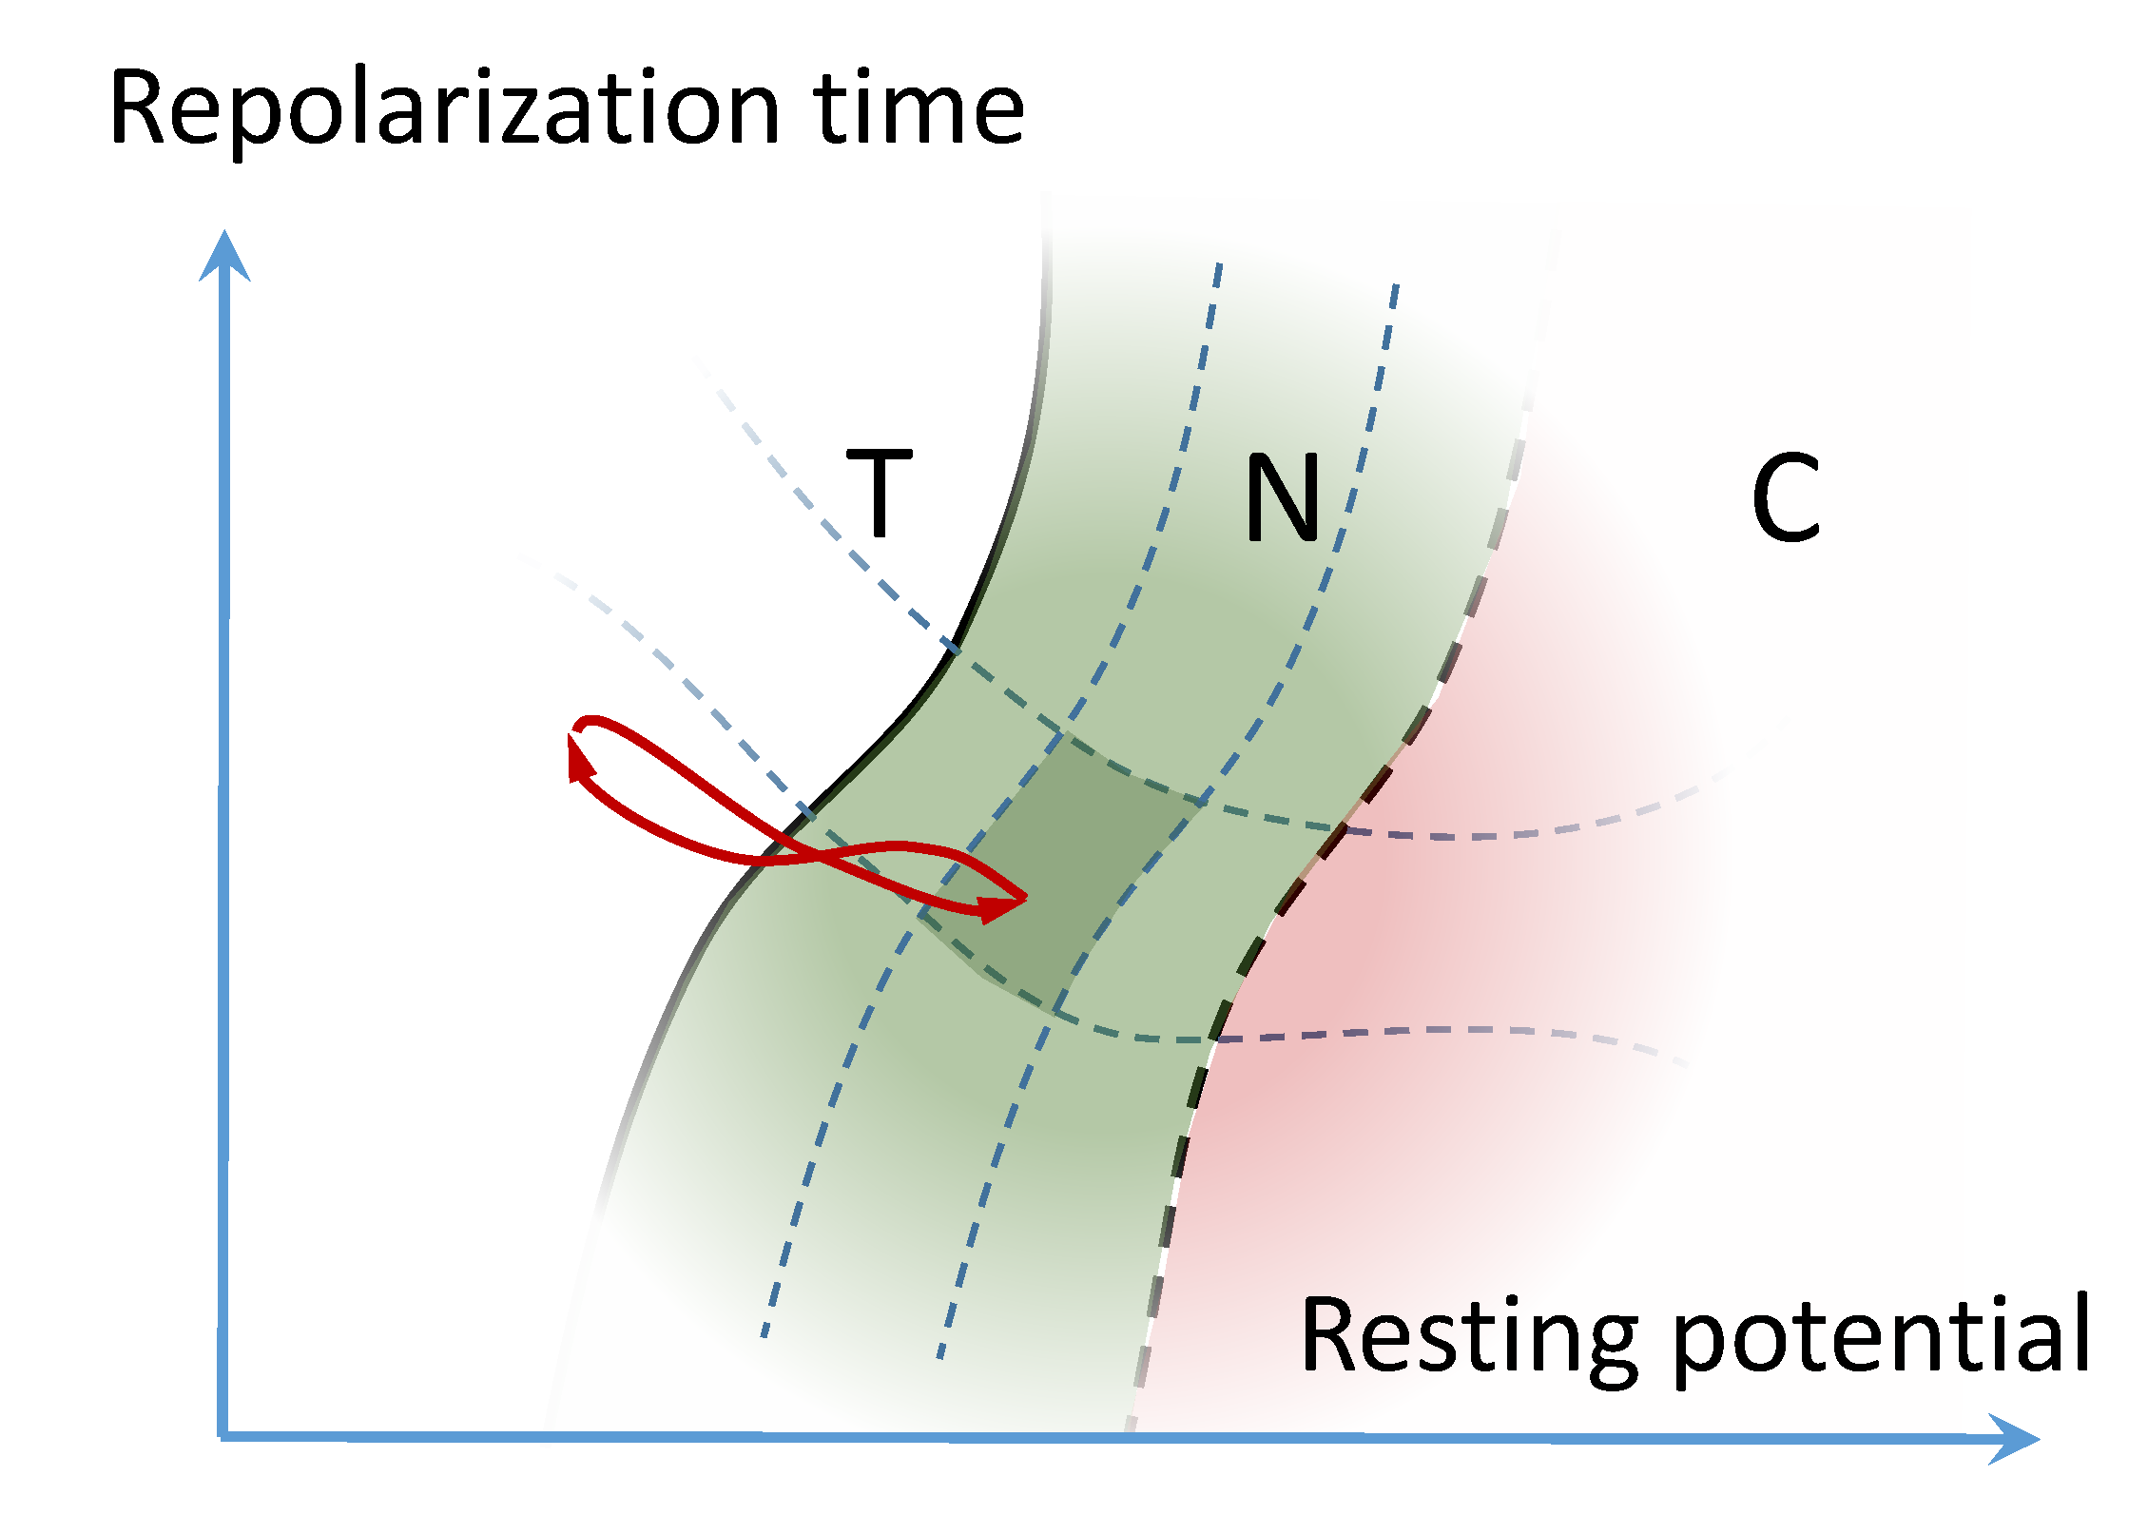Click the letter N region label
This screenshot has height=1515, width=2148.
(1283, 496)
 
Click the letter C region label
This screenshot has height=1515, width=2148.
(1785, 497)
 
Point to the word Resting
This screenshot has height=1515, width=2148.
(1468, 1337)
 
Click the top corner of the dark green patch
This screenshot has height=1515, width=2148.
(1063, 734)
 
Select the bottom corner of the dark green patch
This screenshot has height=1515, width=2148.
(1054, 1010)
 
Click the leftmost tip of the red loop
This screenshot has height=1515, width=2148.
(572, 729)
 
